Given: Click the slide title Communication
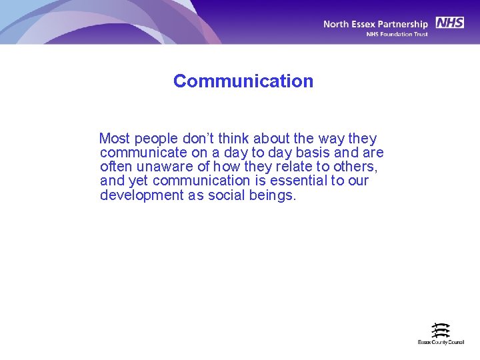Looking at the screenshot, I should click(x=243, y=81).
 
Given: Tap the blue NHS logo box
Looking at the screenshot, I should click(x=450, y=23).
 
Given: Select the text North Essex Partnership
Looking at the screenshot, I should click(x=375, y=24).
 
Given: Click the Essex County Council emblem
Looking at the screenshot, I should click(x=440, y=330).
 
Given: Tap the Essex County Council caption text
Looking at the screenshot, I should click(x=441, y=342).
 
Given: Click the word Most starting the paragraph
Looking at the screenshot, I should click(x=115, y=139).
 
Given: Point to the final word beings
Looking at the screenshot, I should click(x=273, y=195).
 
